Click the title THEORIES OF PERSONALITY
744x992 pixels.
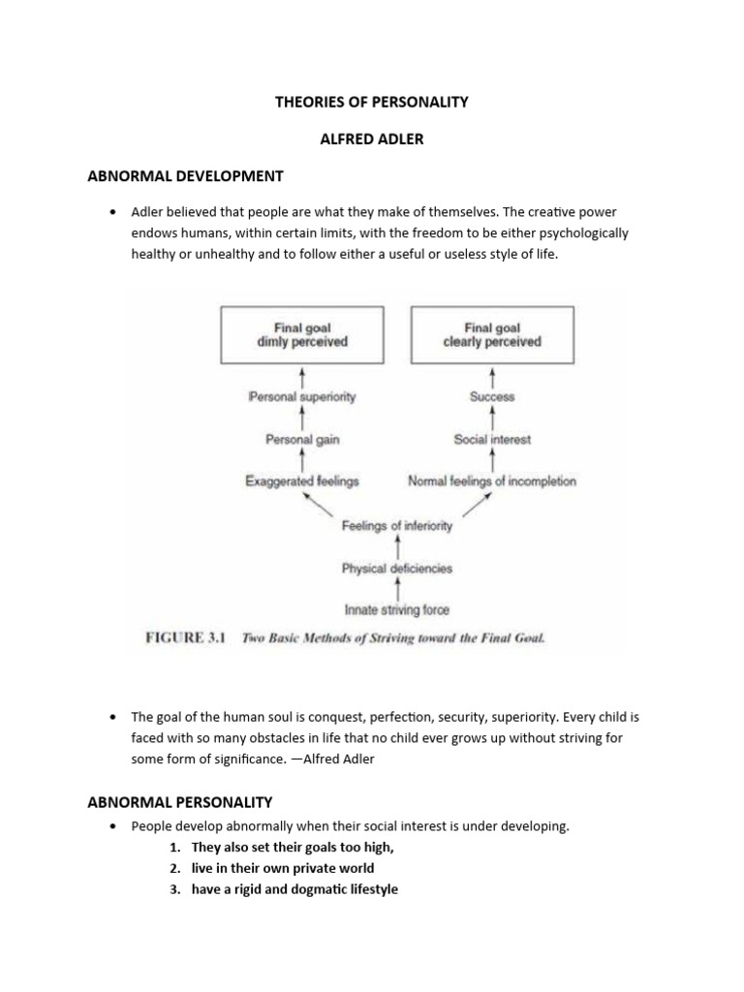tap(372, 102)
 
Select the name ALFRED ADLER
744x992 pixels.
tap(372, 139)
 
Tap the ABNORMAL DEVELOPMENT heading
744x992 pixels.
tap(185, 176)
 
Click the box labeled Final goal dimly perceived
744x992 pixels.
tap(303, 335)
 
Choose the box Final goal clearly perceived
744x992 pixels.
tap(492, 335)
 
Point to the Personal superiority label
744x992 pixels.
tap(303, 397)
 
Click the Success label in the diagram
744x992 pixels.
tap(492, 397)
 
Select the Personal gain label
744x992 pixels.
tap(303, 440)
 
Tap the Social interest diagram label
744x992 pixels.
tap(492, 440)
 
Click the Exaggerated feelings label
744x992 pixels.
tap(303, 481)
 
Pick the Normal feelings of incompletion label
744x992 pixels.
tap(492, 481)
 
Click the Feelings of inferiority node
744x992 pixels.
tap(397, 526)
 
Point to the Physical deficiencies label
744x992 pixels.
tap(397, 569)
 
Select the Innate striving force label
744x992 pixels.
tap(397, 610)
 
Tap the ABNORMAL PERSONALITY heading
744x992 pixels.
tap(180, 802)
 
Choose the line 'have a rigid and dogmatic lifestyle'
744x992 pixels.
tap(294, 889)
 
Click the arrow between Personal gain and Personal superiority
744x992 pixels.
tap(303, 418)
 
